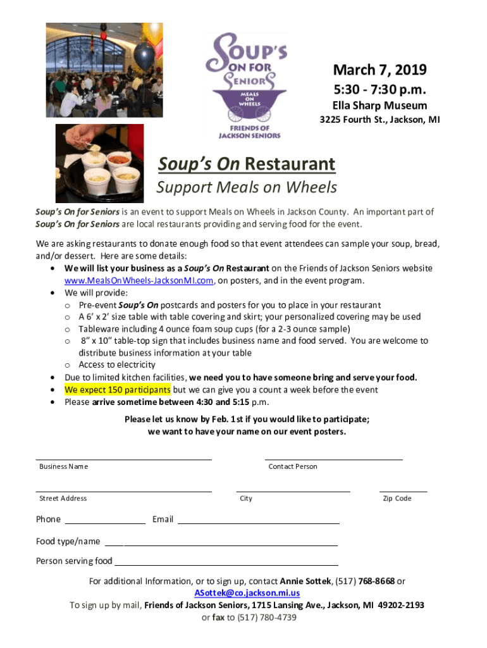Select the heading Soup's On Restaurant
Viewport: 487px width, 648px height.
pos(247,165)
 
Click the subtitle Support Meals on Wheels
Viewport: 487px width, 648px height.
pos(247,187)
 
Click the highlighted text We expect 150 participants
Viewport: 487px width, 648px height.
pos(117,390)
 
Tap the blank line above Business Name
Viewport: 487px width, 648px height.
pos(123,458)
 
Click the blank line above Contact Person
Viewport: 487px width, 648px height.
pos(333,458)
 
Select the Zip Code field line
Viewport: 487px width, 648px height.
pos(403,490)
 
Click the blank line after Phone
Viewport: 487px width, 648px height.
pos(105,523)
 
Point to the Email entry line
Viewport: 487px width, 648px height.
pos(259,523)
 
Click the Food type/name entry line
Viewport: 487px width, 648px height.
pos(221,544)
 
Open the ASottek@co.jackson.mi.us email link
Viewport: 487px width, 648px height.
pos(247,593)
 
